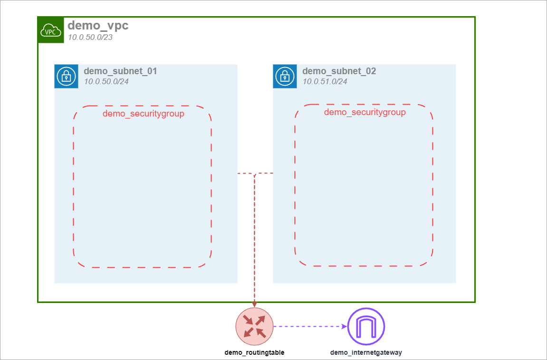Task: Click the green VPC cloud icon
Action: [x=51, y=30]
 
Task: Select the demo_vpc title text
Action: [x=98, y=26]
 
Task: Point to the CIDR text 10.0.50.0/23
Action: [x=90, y=38]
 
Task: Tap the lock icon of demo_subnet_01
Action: [x=66, y=77]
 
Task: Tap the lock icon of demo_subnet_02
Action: [x=285, y=77]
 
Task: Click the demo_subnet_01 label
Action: [x=120, y=71]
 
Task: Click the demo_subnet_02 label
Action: [x=339, y=71]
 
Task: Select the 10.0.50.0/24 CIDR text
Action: [x=106, y=81]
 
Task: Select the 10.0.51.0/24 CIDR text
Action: [x=325, y=81]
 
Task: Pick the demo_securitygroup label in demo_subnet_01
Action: [x=143, y=114]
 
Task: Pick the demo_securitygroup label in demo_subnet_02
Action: [x=365, y=112]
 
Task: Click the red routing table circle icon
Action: [x=254, y=326]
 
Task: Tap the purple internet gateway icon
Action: [x=366, y=326]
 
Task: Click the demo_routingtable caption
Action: [x=254, y=353]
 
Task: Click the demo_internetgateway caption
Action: [x=366, y=353]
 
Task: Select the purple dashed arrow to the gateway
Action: [x=309, y=326]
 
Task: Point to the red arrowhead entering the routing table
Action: [x=254, y=304]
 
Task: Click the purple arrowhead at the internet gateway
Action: [x=345, y=326]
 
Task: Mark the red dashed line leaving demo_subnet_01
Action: [x=245, y=174]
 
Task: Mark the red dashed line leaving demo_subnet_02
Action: [x=265, y=173]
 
